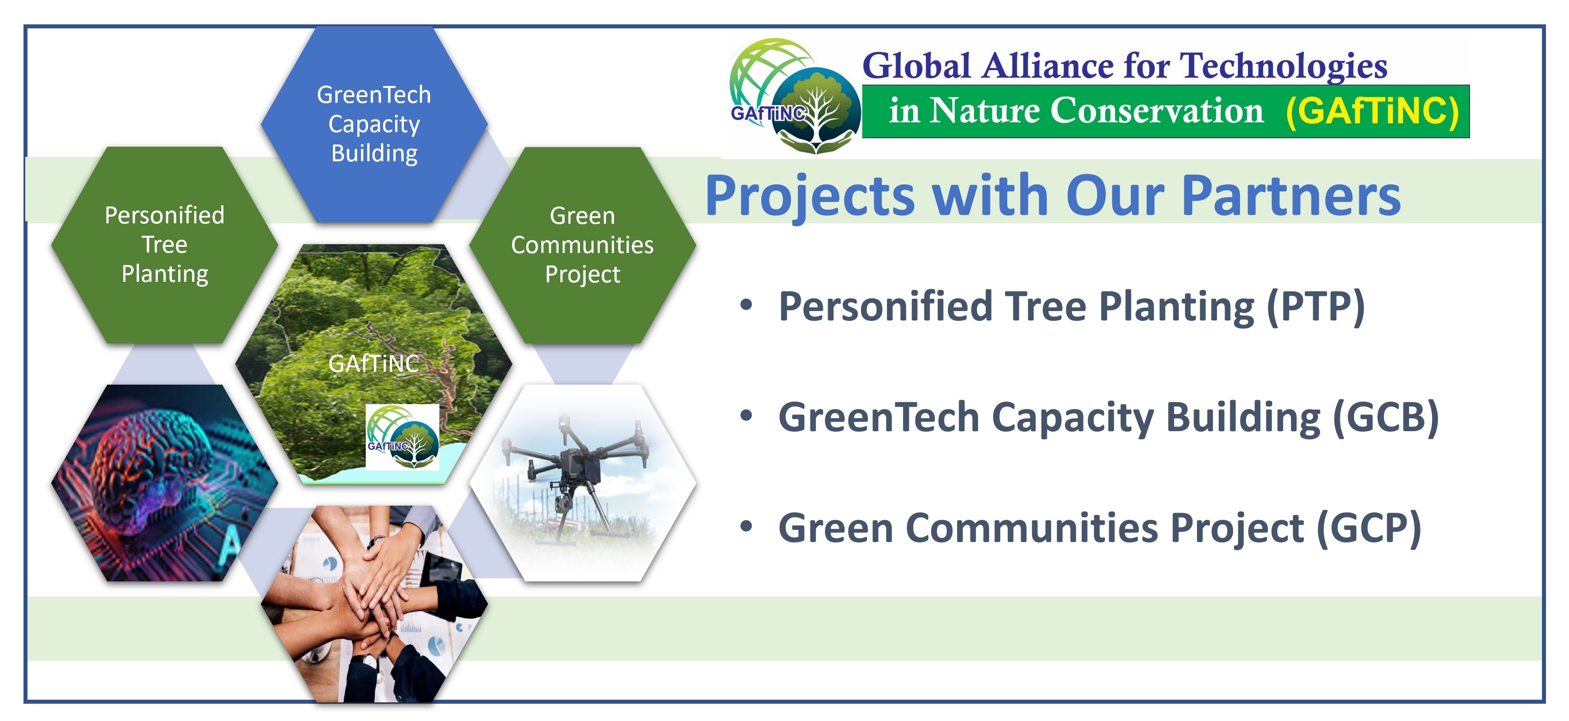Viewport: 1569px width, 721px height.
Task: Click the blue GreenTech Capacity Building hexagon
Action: point(374,124)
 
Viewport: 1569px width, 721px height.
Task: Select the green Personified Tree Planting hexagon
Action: point(164,245)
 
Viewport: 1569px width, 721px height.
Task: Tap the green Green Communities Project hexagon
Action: point(582,245)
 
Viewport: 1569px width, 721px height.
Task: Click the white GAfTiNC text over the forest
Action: point(373,363)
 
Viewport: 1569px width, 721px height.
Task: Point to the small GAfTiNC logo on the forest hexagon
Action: point(402,436)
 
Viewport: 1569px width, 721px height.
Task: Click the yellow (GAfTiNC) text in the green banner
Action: point(1372,111)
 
